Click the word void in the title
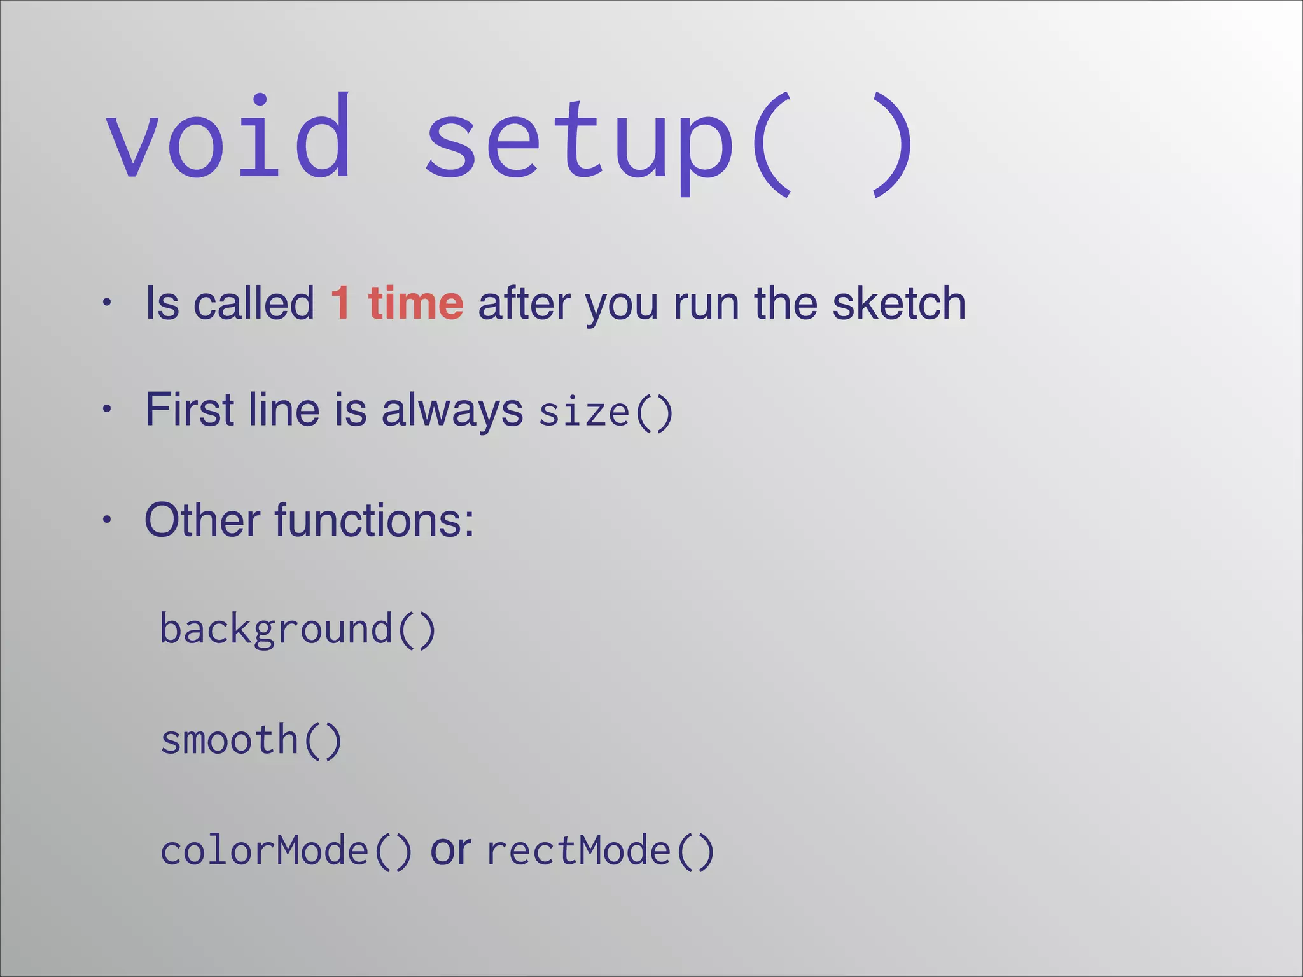tap(228, 137)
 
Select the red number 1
tap(340, 303)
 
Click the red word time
tap(415, 303)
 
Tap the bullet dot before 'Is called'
tap(107, 303)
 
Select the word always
tap(452, 411)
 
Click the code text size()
tap(605, 412)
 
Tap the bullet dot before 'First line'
tap(107, 409)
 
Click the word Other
tap(202, 520)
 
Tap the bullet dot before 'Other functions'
tap(107, 520)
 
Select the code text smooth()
tap(251, 740)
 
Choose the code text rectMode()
tap(601, 851)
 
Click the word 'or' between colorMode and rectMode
tap(450, 851)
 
